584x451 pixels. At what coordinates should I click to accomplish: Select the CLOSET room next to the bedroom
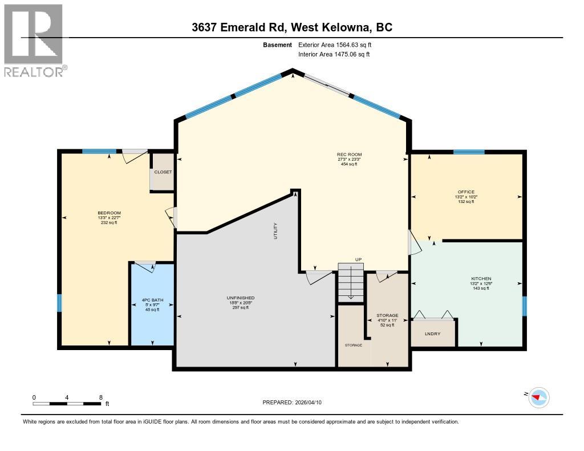point(163,172)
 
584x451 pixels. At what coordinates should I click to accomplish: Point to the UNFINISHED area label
point(240,298)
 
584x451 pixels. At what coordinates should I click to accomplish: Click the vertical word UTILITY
point(275,230)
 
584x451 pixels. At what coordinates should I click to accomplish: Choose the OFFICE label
point(466,192)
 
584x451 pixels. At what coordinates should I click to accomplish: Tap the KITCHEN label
point(481,279)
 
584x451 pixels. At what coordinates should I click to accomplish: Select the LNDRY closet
point(433,334)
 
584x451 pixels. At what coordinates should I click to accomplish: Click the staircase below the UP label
point(350,282)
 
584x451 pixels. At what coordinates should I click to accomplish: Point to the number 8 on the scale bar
point(100,397)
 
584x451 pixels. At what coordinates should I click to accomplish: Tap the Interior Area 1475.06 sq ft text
point(334,54)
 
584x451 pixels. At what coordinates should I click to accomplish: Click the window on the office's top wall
point(469,152)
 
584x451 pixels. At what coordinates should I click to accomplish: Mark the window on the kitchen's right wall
point(525,306)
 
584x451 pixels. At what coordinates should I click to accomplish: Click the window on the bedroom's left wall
point(59,303)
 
